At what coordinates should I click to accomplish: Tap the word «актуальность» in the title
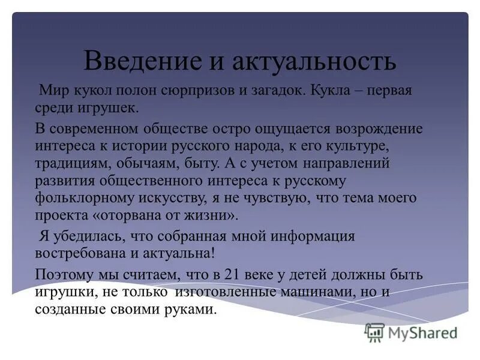click(318, 61)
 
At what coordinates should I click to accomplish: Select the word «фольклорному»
click(84, 197)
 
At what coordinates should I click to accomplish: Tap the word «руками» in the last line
click(190, 309)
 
